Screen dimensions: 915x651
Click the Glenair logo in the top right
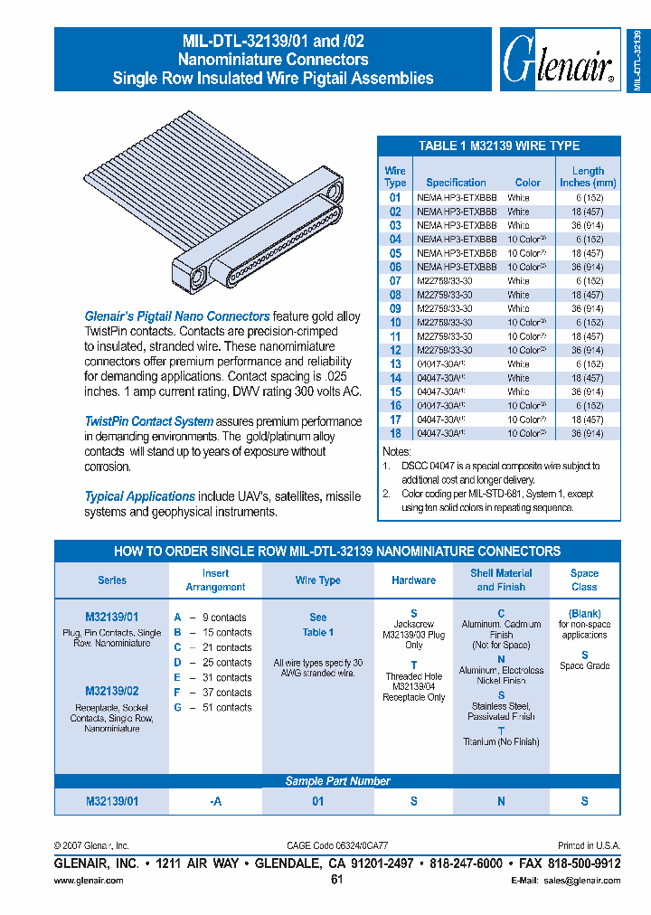tap(557, 60)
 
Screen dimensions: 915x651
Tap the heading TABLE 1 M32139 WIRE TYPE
tap(498, 146)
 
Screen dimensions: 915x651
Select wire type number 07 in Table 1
tap(395, 280)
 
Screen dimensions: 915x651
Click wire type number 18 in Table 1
tap(395, 433)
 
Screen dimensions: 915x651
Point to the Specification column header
tap(456, 182)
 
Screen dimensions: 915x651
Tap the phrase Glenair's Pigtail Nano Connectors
tap(176, 316)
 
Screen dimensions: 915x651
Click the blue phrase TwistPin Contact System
tap(149, 421)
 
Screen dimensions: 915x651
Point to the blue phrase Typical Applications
tap(140, 496)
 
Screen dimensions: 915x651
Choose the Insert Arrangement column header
tap(215, 580)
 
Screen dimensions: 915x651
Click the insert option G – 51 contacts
tap(213, 707)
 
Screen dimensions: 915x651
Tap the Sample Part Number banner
tap(337, 781)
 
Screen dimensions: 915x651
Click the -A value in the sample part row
tap(215, 801)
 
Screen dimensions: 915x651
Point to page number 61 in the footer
tap(337, 880)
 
